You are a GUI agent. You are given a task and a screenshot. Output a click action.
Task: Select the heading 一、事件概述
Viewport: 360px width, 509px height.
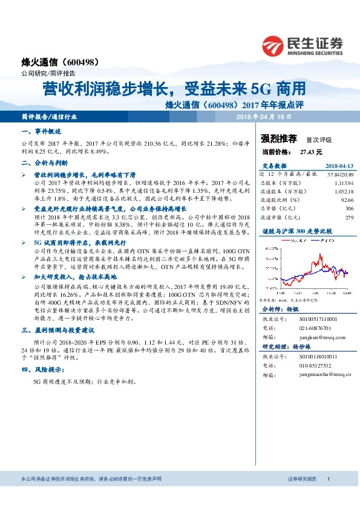tap(41, 131)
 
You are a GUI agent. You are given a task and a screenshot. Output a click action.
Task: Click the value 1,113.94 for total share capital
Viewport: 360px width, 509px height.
tap(342, 182)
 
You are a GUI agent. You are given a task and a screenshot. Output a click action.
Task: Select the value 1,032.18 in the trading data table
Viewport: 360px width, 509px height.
tap(342, 190)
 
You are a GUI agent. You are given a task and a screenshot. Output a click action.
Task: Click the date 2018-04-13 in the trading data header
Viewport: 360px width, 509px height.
tap(339, 165)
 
